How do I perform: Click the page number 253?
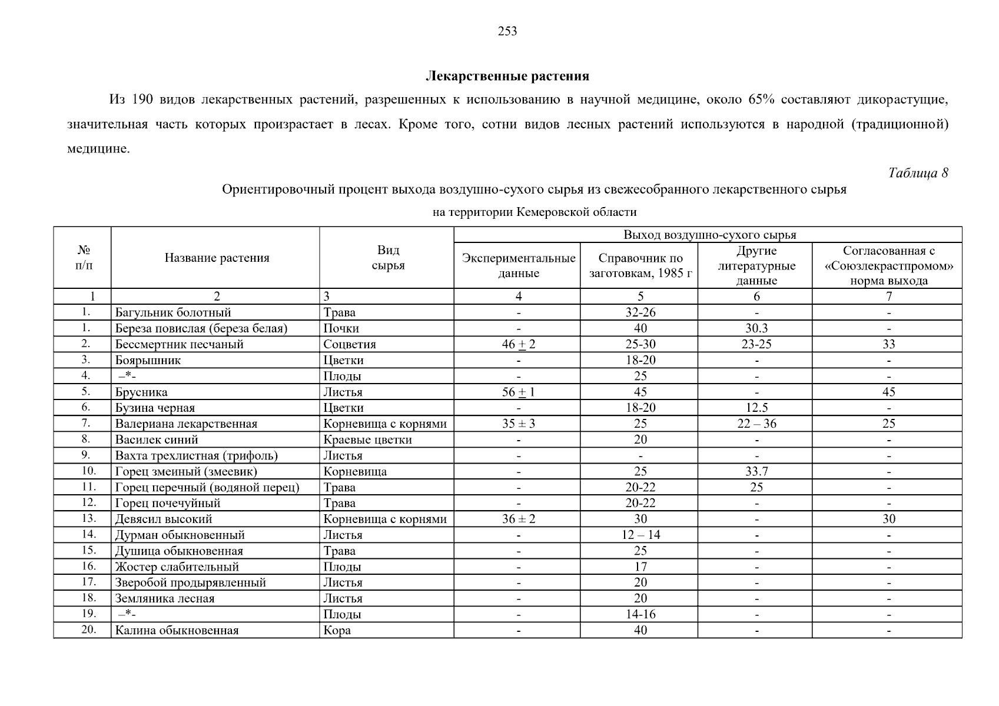click(x=507, y=32)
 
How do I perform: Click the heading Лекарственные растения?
click(x=507, y=76)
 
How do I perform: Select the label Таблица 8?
click(x=918, y=173)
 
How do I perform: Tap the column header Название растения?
click(x=217, y=258)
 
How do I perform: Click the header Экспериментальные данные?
click(x=518, y=265)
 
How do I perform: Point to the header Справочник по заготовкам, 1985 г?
click(x=640, y=265)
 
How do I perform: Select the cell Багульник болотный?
click(x=173, y=312)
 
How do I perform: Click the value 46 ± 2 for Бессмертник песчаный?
click(x=518, y=344)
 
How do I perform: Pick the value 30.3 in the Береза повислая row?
click(x=756, y=328)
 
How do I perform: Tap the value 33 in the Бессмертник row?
click(x=889, y=344)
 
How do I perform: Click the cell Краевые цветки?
click(x=367, y=439)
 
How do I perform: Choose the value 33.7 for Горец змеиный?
click(x=756, y=471)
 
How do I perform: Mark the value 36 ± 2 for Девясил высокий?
click(x=518, y=519)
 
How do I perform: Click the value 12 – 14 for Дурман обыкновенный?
click(x=640, y=535)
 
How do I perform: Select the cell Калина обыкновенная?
click(x=177, y=630)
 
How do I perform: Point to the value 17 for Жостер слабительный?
click(x=640, y=567)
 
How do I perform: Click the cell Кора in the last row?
click(x=337, y=630)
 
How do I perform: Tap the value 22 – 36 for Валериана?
click(x=756, y=424)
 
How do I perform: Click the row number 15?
click(x=88, y=550)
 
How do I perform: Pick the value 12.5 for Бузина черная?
click(x=756, y=408)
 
